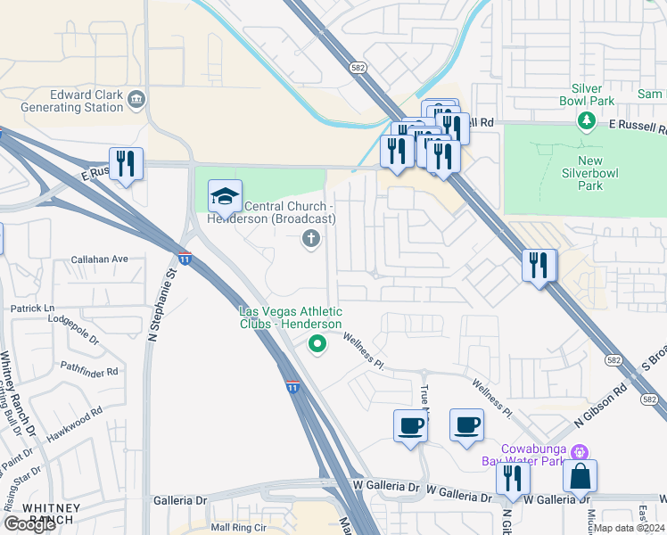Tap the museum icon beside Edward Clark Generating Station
(x=136, y=100)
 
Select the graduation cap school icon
(x=225, y=195)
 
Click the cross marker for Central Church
(x=310, y=238)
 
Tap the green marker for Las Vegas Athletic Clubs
(x=316, y=343)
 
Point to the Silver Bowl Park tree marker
(x=587, y=120)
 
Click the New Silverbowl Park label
(x=584, y=172)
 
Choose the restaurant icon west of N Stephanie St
(x=126, y=164)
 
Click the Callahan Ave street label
(x=101, y=259)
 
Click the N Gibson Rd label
(x=602, y=404)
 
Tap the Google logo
(x=29, y=524)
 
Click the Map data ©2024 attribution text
(x=629, y=528)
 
